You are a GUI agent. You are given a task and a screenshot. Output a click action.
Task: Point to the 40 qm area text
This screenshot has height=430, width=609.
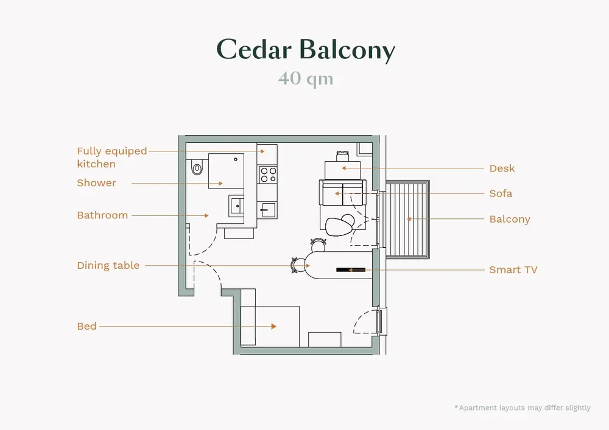coord(306,79)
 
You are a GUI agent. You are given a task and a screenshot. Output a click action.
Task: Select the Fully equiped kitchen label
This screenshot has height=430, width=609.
coord(111,157)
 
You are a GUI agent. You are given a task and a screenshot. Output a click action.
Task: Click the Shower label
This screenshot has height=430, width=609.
coord(96,183)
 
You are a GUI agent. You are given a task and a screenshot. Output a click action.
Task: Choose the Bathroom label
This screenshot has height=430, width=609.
coord(102,215)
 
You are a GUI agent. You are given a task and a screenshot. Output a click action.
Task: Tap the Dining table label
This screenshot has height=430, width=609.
coord(108,266)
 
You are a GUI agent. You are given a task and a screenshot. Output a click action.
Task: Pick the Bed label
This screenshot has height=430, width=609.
coord(86,327)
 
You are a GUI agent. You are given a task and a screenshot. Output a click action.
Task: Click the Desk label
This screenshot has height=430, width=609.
coord(502,168)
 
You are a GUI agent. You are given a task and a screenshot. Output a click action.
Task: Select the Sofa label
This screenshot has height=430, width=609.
coord(501,194)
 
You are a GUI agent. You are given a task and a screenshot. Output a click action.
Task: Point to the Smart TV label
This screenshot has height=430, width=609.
coord(513,270)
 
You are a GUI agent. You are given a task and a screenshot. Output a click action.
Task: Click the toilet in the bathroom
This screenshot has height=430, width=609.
coord(196,168)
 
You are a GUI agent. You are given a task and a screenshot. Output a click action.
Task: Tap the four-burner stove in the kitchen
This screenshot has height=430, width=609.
coord(269,175)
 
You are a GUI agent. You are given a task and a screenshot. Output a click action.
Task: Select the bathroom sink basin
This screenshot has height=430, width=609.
coord(236,205)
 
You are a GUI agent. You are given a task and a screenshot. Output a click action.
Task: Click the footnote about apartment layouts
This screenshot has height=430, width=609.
coord(522,407)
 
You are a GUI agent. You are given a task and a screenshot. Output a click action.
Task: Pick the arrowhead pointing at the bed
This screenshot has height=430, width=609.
coord(274,327)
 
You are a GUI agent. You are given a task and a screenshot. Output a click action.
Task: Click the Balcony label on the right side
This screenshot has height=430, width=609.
coord(510,220)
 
